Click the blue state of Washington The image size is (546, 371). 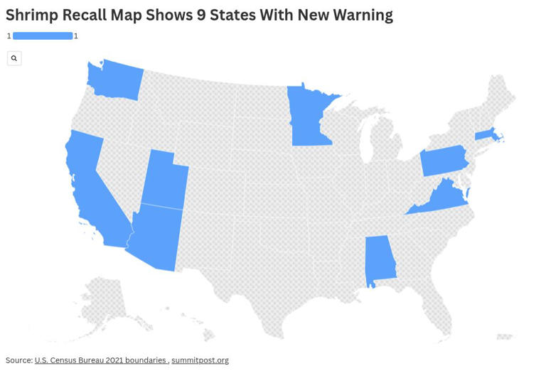coord(116,80)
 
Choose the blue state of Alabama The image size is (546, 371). coord(379,259)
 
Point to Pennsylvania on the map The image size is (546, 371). coord(444,161)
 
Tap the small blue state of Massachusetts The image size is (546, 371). coord(486,134)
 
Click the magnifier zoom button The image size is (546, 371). coord(14,58)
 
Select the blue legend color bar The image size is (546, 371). coord(43,36)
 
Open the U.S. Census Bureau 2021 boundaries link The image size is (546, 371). coord(100,360)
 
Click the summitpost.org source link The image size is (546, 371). coord(200,360)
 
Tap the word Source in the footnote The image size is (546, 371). coord(18,360)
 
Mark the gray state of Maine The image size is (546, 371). coord(500,96)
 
